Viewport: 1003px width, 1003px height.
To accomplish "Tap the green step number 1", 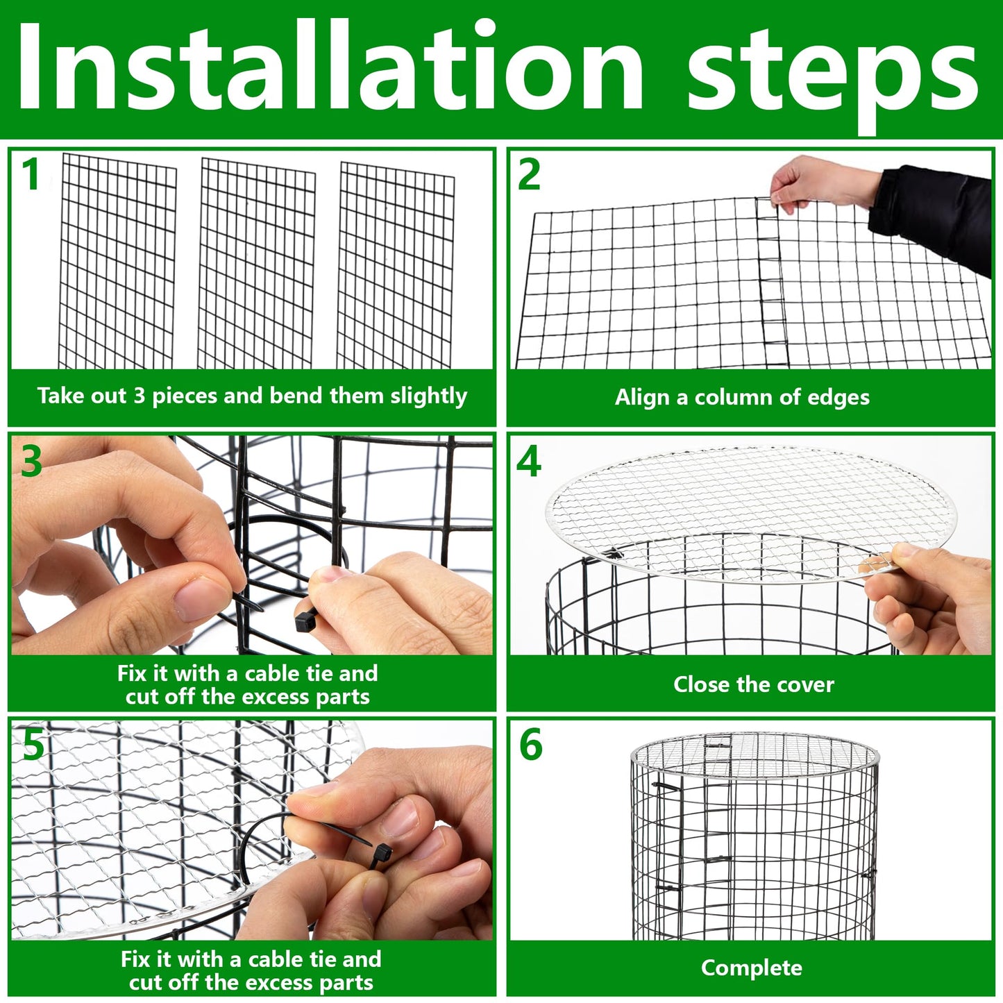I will (x=31, y=174).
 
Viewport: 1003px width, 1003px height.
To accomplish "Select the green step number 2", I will (x=529, y=175).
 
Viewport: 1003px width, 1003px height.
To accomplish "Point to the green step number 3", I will (x=31, y=462).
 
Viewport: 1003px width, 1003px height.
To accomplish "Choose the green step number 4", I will (x=529, y=462).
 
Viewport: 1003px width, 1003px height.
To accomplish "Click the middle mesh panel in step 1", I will (x=257, y=264).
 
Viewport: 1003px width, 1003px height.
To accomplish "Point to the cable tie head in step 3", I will (x=305, y=620).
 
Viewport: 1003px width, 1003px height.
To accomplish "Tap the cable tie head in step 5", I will (x=381, y=854).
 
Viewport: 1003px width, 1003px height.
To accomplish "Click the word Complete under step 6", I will (x=751, y=968).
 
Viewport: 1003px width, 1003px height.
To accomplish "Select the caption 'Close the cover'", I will (x=753, y=684).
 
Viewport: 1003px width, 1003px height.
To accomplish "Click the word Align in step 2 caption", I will (x=643, y=397).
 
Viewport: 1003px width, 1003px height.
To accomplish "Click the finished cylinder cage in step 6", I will (x=755, y=840).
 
